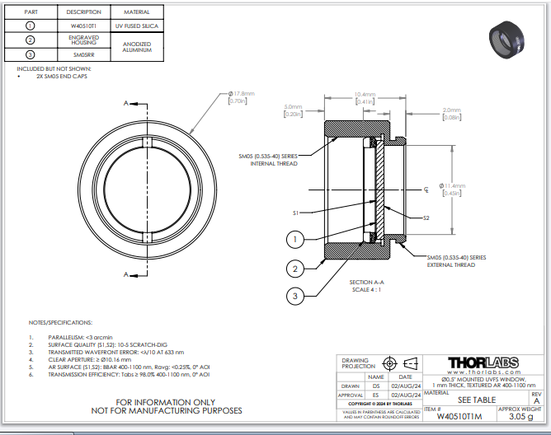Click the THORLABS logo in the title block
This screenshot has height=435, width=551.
click(483, 363)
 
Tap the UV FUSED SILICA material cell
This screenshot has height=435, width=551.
click(136, 26)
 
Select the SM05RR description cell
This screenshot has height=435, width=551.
click(84, 54)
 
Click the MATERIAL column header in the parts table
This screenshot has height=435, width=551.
click(136, 12)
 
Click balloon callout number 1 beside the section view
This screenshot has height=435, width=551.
click(294, 240)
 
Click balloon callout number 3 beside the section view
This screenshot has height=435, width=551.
click(294, 296)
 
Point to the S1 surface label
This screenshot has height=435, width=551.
click(295, 213)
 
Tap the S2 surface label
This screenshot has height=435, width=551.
click(426, 218)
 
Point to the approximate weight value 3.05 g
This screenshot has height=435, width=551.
click(520, 417)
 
